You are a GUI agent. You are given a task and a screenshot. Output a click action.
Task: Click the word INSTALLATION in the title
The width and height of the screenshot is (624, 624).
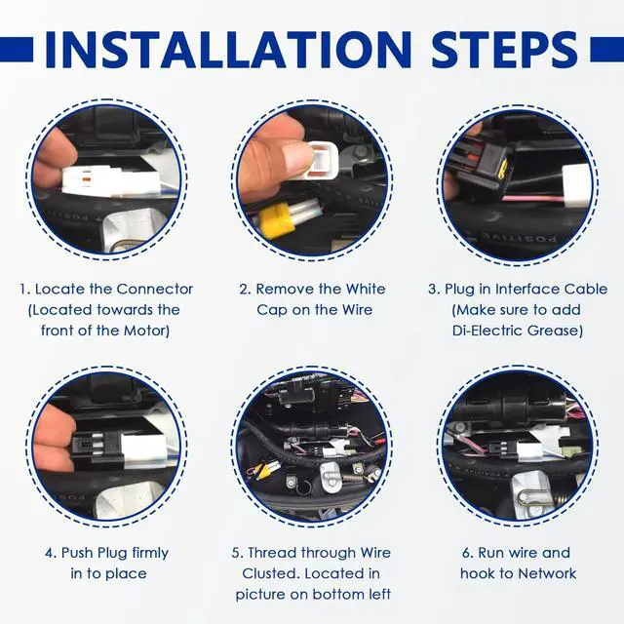[228, 50]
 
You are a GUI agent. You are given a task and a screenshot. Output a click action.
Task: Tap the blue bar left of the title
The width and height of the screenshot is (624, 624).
[17, 50]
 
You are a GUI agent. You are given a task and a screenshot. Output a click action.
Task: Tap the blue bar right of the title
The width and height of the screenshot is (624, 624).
[606, 50]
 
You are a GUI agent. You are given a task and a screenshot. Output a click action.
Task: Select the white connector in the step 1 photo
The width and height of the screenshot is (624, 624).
[111, 182]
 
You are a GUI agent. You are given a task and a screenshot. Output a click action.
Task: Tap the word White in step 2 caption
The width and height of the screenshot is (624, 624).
[366, 290]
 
